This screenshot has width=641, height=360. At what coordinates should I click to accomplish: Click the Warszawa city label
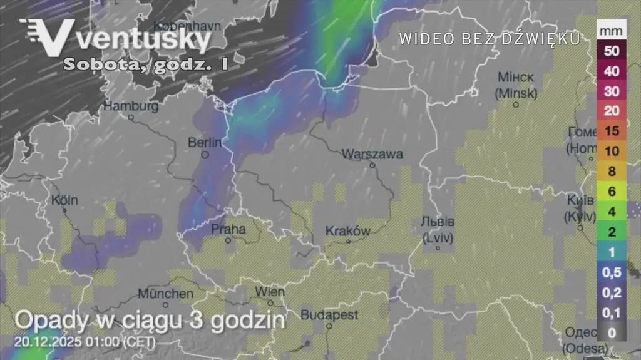(x=372, y=154)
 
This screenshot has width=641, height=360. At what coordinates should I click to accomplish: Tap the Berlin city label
(x=205, y=143)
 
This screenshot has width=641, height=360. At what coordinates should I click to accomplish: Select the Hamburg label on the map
(x=131, y=106)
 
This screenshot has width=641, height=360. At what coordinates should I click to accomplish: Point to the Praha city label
(x=228, y=229)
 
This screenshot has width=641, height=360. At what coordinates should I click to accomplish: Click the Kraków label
(x=348, y=231)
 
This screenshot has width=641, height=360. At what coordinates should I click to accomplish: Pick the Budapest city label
(x=329, y=314)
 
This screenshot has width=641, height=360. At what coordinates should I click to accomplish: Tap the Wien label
(x=270, y=292)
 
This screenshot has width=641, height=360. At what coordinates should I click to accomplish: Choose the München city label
(x=166, y=293)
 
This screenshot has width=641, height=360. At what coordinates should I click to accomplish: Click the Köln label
(x=65, y=201)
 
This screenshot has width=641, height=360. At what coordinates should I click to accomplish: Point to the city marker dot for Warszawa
(x=372, y=166)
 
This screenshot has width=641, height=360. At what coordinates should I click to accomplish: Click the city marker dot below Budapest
(x=329, y=326)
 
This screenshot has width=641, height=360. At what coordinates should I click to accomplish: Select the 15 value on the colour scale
(x=612, y=131)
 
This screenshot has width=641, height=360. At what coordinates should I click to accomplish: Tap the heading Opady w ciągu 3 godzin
(x=150, y=320)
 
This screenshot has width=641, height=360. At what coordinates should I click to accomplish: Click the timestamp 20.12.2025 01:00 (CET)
(x=84, y=342)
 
